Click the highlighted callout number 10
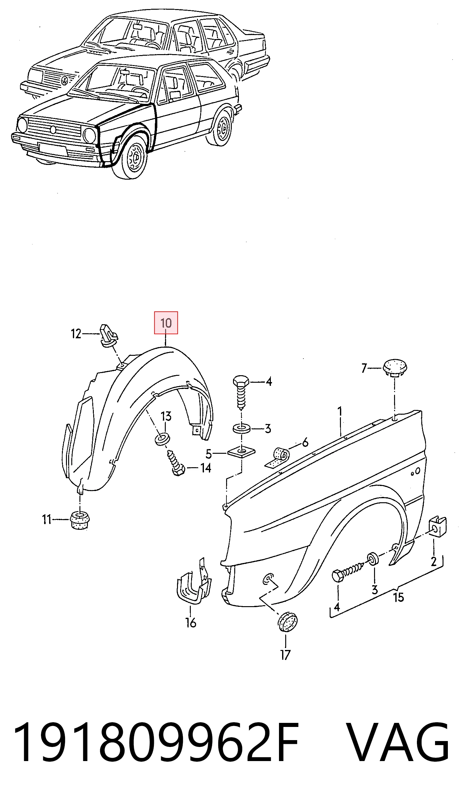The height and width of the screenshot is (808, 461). [166, 323]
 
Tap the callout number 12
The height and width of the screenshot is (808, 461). [76, 334]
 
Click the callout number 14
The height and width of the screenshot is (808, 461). [206, 468]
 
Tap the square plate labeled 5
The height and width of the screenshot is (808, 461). [241, 453]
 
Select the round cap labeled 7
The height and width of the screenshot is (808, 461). [394, 368]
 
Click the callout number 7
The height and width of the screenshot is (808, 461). [364, 368]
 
